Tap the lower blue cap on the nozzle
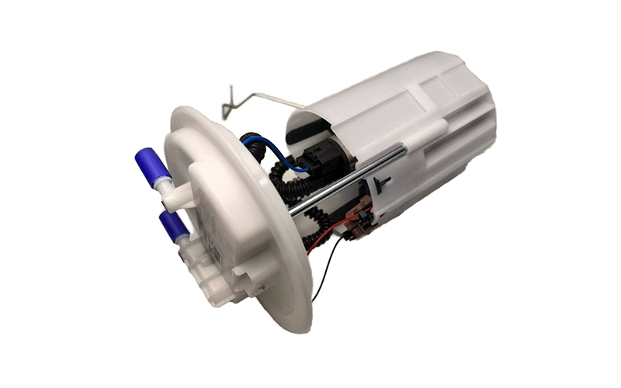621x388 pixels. click(172, 226)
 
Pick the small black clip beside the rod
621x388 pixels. click(381, 185)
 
